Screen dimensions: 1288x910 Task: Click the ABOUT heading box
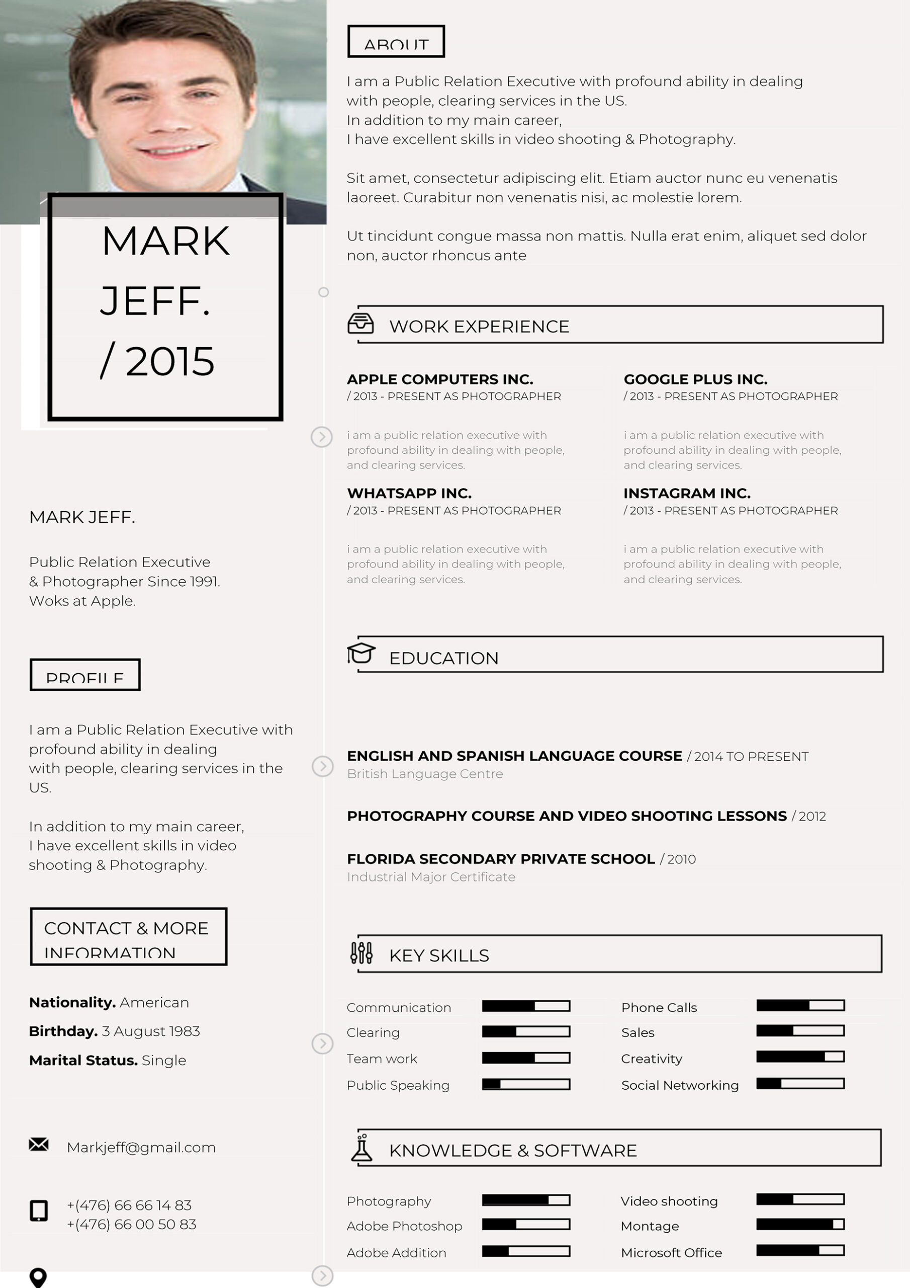pyautogui.click(x=396, y=42)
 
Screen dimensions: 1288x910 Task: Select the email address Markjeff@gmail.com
pyautogui.click(x=141, y=1147)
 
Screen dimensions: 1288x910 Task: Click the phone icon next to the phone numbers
pyautogui.click(x=39, y=1211)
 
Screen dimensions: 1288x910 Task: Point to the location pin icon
pyautogui.click(x=38, y=1277)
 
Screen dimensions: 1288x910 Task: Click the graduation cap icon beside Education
pyautogui.click(x=360, y=653)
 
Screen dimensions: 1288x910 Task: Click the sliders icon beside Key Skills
pyautogui.click(x=361, y=952)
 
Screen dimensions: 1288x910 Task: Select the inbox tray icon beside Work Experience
pyautogui.click(x=360, y=324)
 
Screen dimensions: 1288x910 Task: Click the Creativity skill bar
pyautogui.click(x=800, y=1057)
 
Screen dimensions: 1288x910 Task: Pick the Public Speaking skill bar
pyautogui.click(x=526, y=1084)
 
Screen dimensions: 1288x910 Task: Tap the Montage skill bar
pyautogui.click(x=800, y=1224)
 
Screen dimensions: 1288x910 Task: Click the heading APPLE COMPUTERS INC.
pyautogui.click(x=440, y=379)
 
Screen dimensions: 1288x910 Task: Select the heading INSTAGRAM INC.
pyautogui.click(x=687, y=493)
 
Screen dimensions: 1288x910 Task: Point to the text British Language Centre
pyautogui.click(x=425, y=774)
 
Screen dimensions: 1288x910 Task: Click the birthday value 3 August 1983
pyautogui.click(x=151, y=1031)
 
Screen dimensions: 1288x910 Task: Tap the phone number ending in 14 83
pyautogui.click(x=130, y=1205)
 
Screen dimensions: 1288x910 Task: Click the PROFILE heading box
pyautogui.click(x=85, y=675)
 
